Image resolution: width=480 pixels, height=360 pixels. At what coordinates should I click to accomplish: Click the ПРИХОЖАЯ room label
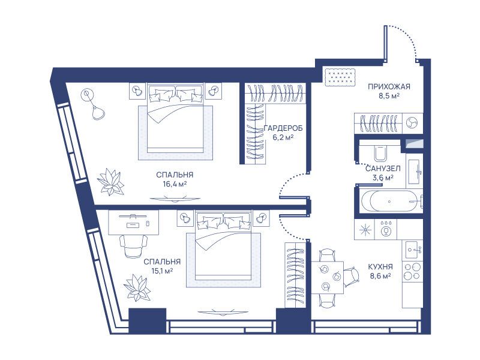tap(389, 86)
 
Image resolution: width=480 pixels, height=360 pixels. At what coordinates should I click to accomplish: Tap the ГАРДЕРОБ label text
tap(283, 128)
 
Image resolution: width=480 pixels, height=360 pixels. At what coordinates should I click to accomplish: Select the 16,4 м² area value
tap(175, 184)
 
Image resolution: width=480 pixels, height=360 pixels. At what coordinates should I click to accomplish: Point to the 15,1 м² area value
tap(162, 271)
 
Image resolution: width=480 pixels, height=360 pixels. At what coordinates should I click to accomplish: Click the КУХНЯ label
tap(380, 267)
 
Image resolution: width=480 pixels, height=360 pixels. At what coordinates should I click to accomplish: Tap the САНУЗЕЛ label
tap(383, 169)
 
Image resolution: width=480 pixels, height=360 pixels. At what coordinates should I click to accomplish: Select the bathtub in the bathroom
tap(389, 201)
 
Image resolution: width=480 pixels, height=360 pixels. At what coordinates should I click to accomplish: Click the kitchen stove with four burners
tap(412, 272)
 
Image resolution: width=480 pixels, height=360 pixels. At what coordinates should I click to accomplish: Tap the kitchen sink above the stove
tap(413, 250)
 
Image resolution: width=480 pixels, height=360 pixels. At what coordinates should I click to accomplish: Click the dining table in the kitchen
tap(327, 277)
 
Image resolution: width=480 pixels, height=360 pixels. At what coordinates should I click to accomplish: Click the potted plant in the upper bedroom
tap(110, 182)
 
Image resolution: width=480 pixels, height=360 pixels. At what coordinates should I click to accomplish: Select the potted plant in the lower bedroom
tap(137, 288)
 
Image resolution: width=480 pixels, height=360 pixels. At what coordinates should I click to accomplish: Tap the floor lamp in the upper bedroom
tap(93, 104)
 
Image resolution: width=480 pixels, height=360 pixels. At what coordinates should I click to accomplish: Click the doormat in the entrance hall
tap(340, 77)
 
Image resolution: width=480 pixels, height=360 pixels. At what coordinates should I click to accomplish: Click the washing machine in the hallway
tap(412, 123)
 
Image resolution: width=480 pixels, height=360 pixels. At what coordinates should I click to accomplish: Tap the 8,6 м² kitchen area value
tap(380, 276)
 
